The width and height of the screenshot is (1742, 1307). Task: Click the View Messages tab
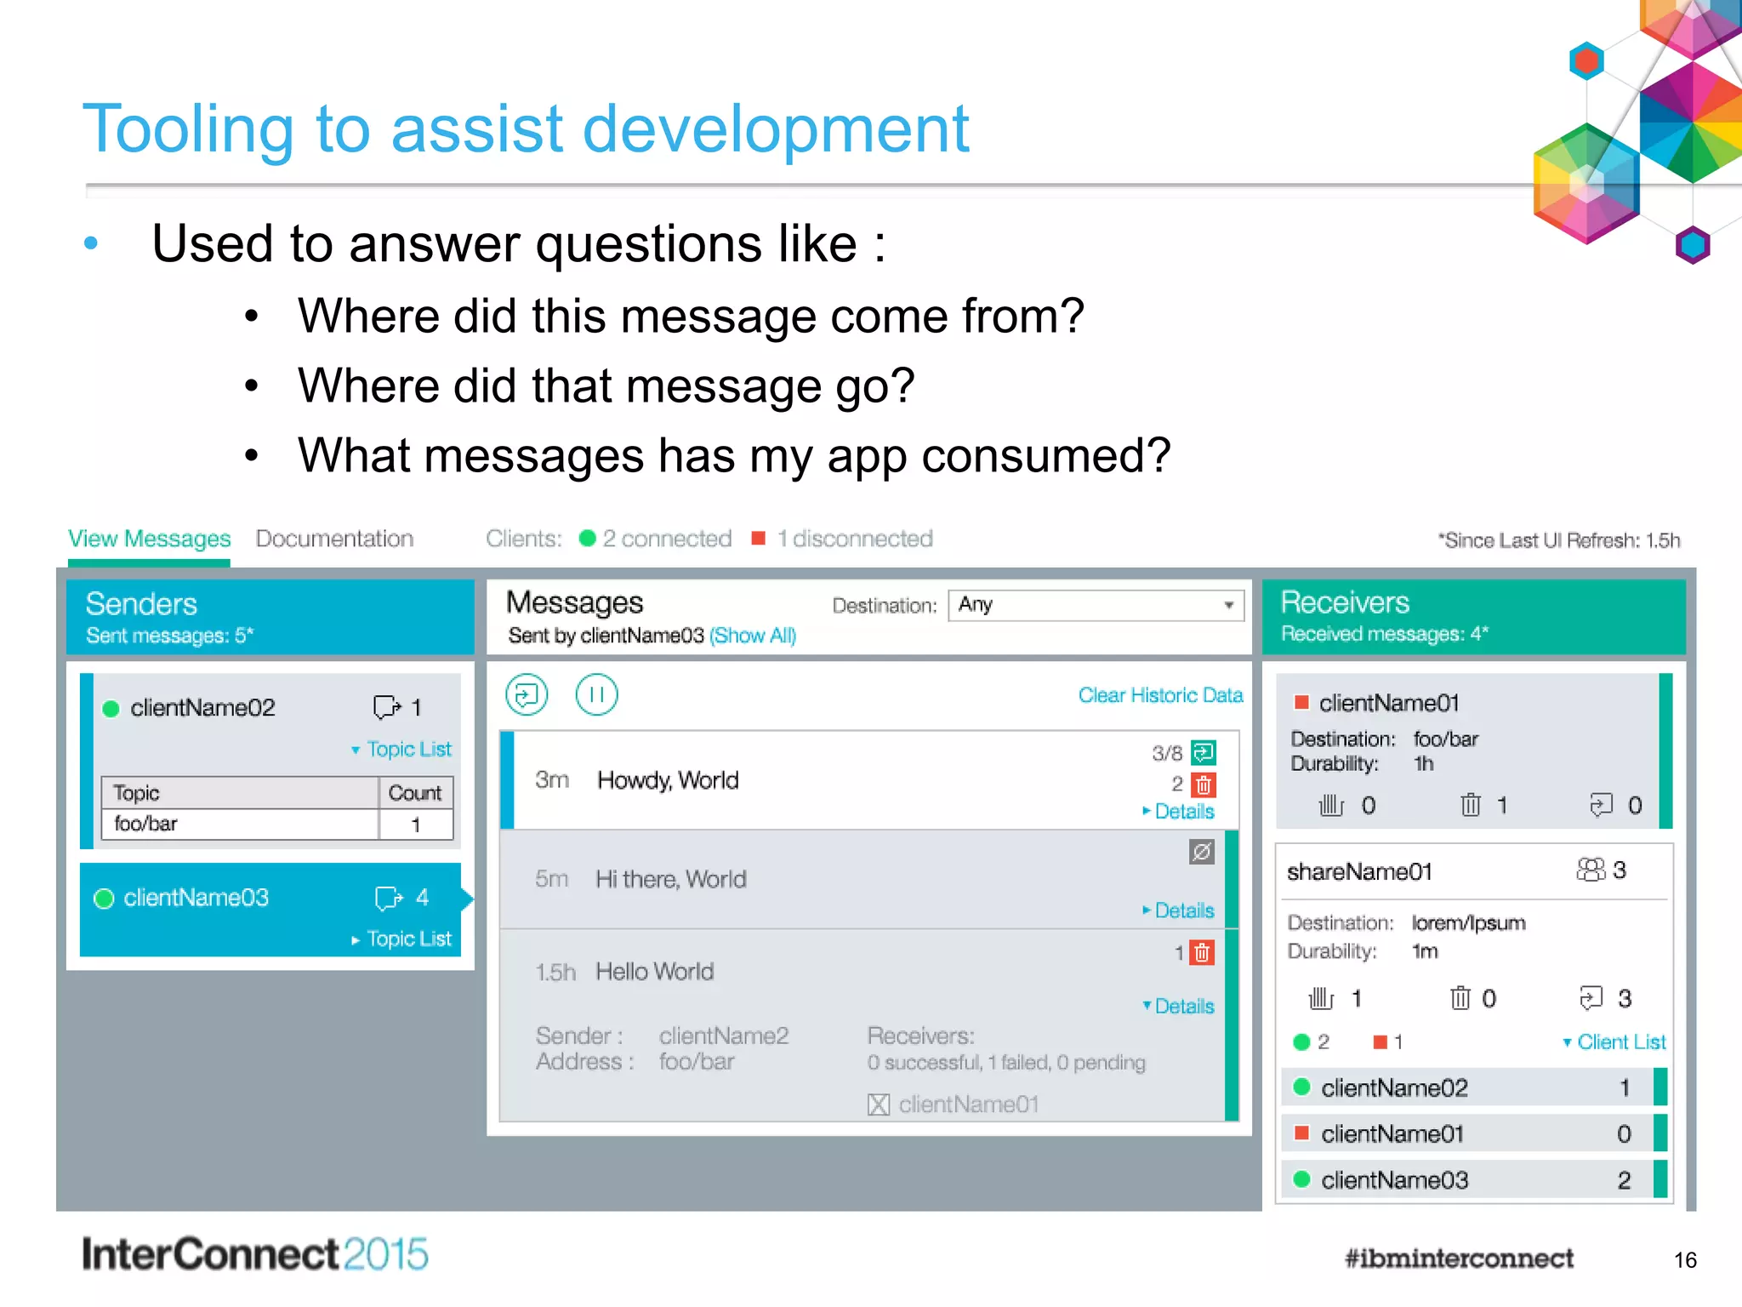tap(149, 539)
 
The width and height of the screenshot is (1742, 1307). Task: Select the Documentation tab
tap(334, 539)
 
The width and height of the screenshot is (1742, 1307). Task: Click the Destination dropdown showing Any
tap(1096, 605)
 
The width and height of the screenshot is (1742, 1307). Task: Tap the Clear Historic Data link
tap(1160, 695)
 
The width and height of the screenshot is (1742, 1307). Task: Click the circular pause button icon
tap(596, 695)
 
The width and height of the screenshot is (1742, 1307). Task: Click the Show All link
tap(753, 636)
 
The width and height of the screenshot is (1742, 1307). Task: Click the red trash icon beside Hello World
tap(1201, 953)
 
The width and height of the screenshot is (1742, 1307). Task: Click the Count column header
tap(415, 793)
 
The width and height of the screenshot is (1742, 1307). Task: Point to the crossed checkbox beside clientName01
tap(879, 1104)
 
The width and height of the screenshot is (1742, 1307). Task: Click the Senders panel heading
tap(141, 604)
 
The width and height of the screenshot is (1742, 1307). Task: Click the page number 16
tap(1684, 1260)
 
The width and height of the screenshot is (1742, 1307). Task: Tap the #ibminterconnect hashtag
tap(1459, 1258)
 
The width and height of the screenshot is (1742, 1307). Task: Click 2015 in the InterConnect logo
tap(386, 1254)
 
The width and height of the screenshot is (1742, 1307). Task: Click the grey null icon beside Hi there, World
tap(1201, 852)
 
